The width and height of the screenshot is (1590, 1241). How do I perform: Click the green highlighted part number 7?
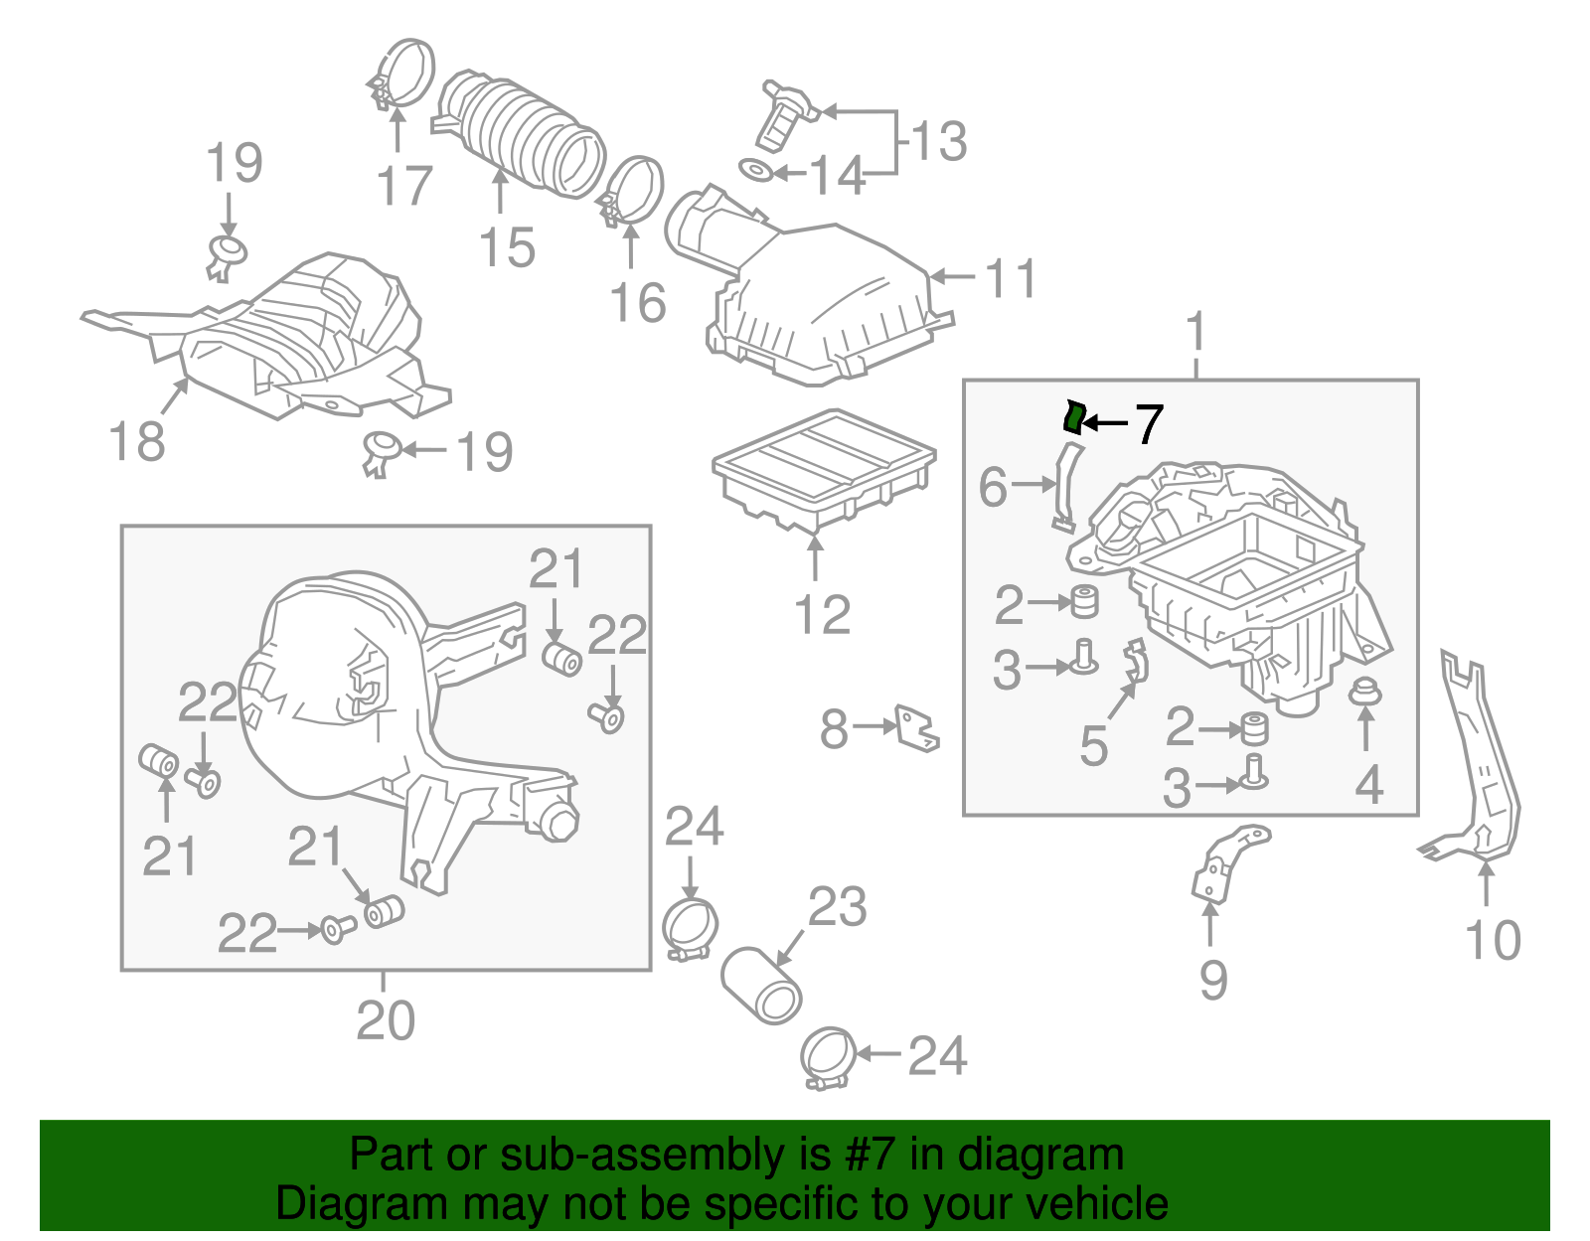1073,417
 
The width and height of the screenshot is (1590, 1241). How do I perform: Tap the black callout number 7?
1148,424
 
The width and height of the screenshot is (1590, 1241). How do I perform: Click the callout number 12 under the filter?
822,615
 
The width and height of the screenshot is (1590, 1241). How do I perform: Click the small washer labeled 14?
757,171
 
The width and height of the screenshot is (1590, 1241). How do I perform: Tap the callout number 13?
938,141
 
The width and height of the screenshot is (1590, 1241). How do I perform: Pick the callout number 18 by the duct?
137,441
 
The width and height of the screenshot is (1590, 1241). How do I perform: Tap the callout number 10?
1493,940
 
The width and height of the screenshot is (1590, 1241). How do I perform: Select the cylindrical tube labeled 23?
762,986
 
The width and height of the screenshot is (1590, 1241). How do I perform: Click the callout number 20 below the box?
386,1019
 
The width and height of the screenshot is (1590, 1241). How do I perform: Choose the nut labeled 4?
1366,693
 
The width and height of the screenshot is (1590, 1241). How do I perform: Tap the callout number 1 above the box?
1195,332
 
